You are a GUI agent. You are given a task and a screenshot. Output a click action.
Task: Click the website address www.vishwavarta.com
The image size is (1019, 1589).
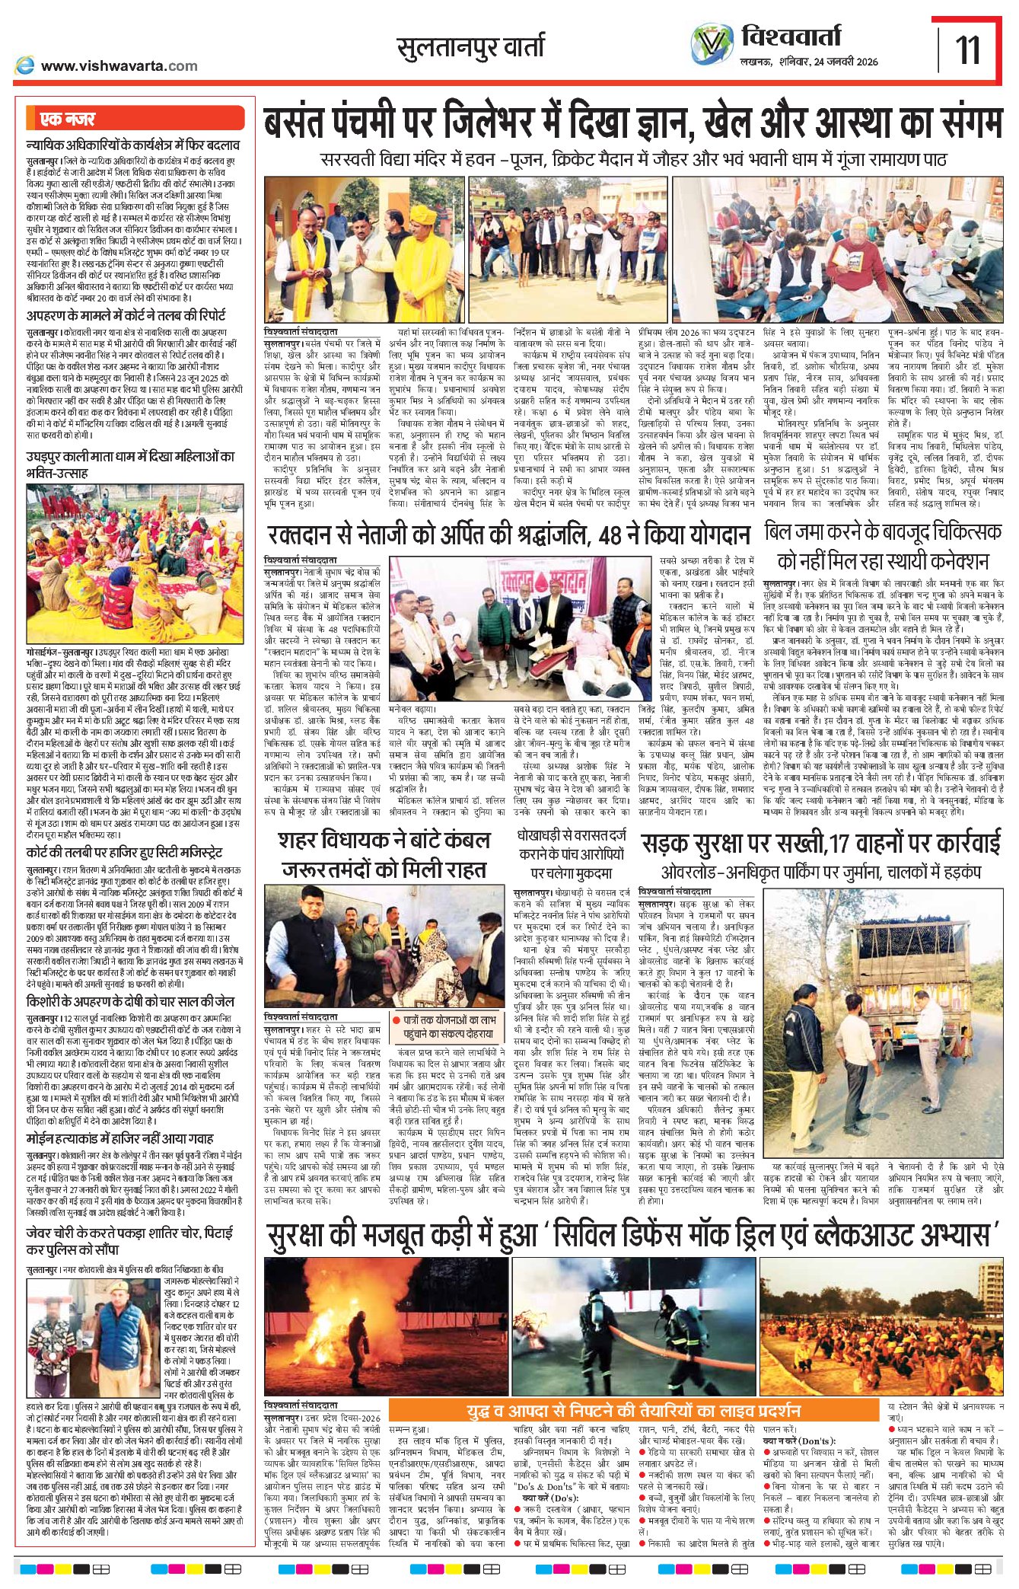pyautogui.click(x=119, y=66)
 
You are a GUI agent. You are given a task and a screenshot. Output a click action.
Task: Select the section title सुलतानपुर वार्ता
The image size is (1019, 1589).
pyautogui.click(x=470, y=47)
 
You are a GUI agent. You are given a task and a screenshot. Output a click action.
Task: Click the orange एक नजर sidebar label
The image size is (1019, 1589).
pyautogui.click(x=68, y=119)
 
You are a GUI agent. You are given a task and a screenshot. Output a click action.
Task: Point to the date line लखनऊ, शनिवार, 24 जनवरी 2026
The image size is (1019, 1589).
pyautogui.click(x=809, y=62)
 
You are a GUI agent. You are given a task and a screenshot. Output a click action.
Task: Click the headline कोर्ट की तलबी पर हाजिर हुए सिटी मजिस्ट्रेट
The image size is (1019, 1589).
pyautogui.click(x=124, y=852)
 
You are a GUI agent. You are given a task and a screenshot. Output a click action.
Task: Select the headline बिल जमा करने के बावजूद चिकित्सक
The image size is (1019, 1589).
pyautogui.click(x=883, y=532)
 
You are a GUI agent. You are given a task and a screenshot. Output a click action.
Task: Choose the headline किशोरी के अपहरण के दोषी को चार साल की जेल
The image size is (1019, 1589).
pyautogui.click(x=130, y=1001)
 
